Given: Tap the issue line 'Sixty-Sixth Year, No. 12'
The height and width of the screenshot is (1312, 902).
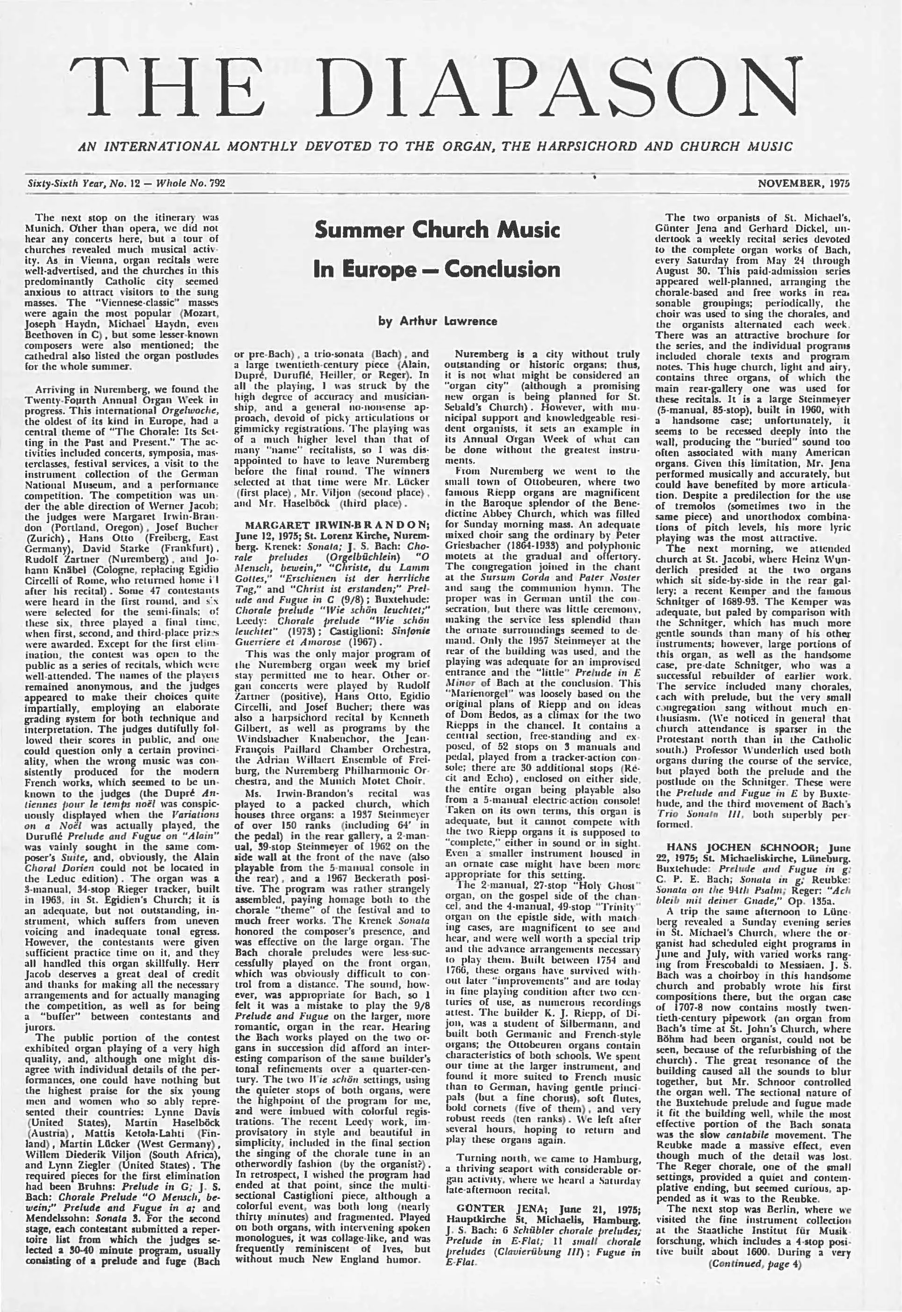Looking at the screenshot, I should coord(79,183).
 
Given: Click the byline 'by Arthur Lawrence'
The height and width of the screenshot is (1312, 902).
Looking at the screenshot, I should coord(437,321).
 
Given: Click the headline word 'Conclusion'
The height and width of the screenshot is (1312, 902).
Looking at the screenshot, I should coord(502,269).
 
